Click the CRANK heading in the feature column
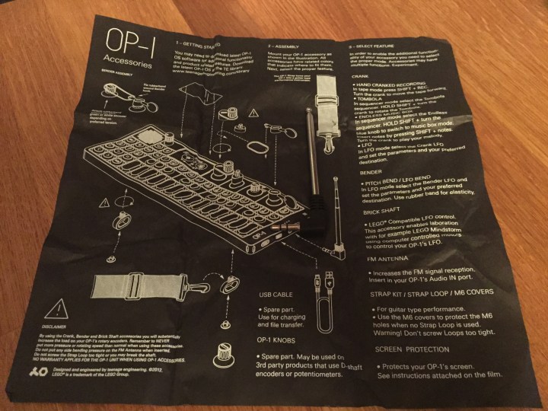(x=365, y=76)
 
